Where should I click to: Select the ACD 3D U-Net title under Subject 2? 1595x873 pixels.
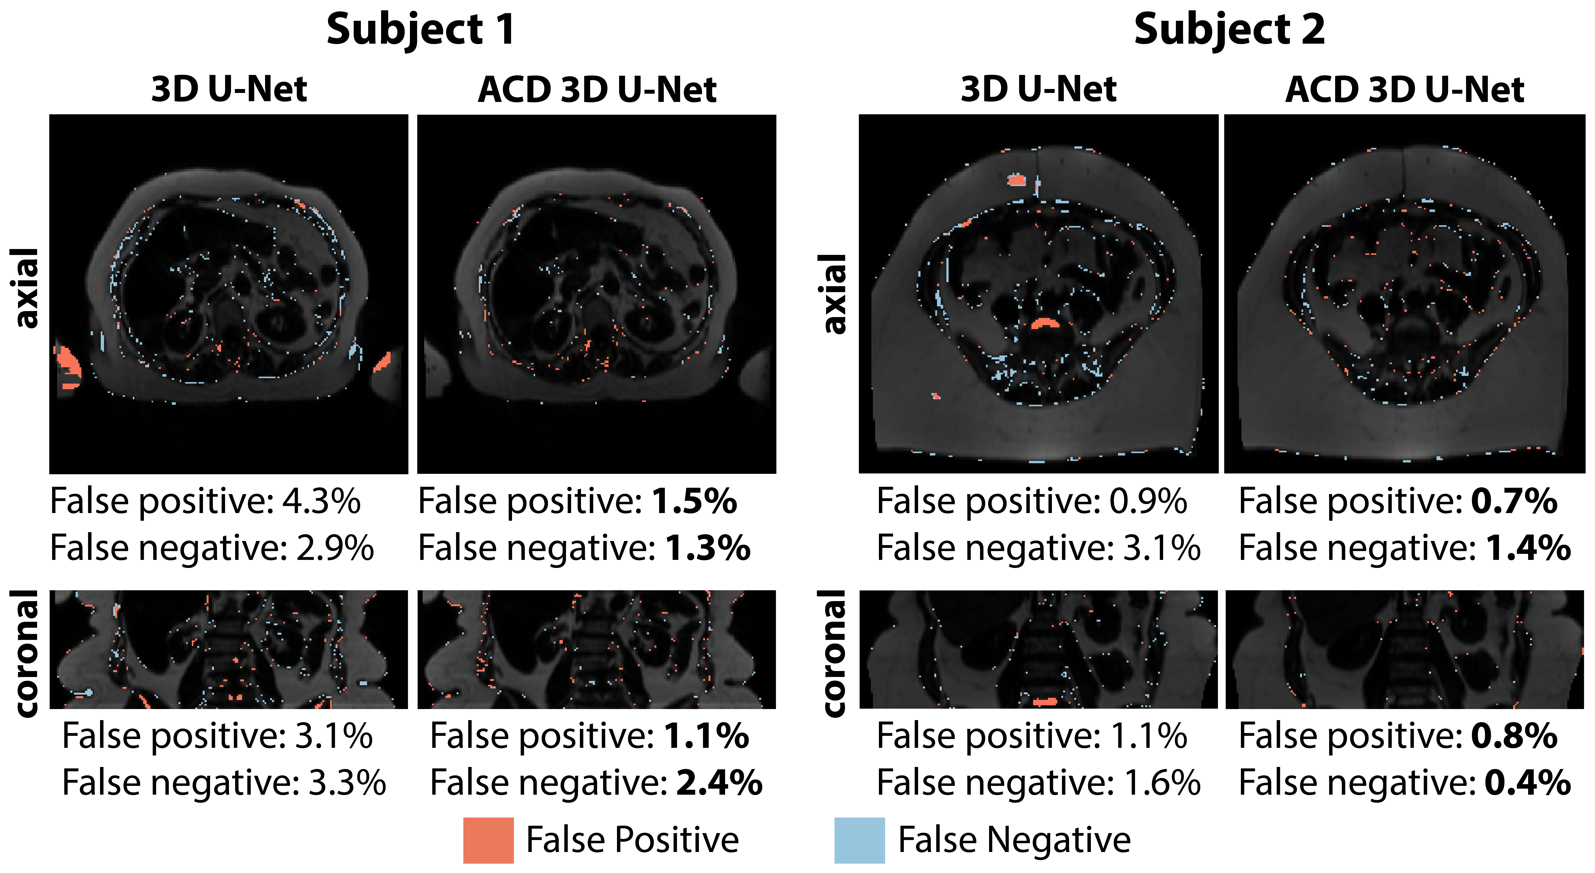[x=1404, y=90]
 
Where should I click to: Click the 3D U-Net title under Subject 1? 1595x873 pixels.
[x=229, y=90]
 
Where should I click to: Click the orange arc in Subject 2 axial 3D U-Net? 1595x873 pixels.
[x=1045, y=323]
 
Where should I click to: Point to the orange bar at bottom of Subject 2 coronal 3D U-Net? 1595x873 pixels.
[x=1045, y=702]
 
